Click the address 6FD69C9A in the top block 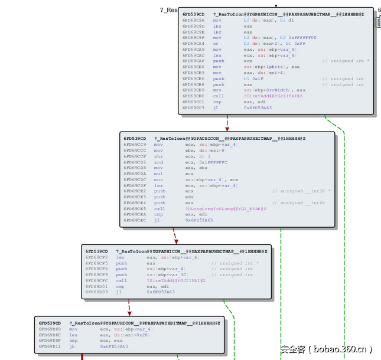click(x=193, y=20)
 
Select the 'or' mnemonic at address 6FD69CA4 click(x=216, y=43)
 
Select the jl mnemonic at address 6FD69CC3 click(x=216, y=108)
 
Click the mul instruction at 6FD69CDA click(x=158, y=174)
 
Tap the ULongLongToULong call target click(x=226, y=209)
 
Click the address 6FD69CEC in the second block click(x=134, y=221)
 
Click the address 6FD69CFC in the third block click(x=96, y=280)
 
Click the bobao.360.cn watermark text click(x=326, y=349)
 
